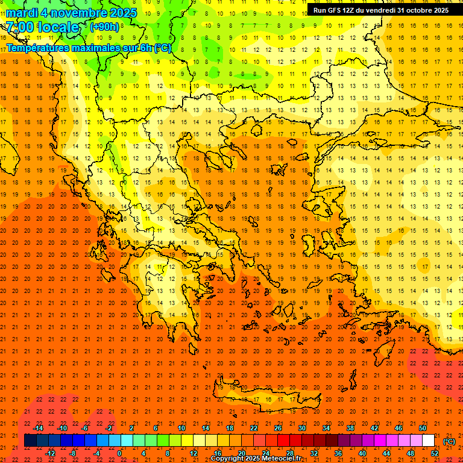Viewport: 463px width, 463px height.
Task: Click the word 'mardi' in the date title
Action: coord(21,13)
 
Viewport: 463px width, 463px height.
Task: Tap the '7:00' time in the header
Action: coord(19,27)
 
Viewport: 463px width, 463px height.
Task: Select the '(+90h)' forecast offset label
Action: coord(104,27)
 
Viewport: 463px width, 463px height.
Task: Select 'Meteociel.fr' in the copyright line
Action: coord(280,459)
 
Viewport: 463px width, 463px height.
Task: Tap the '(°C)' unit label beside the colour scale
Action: coord(449,441)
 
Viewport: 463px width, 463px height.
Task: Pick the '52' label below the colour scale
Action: coord(435,453)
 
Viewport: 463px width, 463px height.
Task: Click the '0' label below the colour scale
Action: coord(119,453)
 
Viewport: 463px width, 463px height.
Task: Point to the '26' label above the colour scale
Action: coord(278,428)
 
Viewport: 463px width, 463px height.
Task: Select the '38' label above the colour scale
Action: coord(350,428)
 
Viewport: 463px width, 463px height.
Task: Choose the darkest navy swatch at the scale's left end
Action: coord(31,441)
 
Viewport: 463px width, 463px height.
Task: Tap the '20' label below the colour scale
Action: coord(241,453)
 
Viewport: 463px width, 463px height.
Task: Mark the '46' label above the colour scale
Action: coord(398,428)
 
